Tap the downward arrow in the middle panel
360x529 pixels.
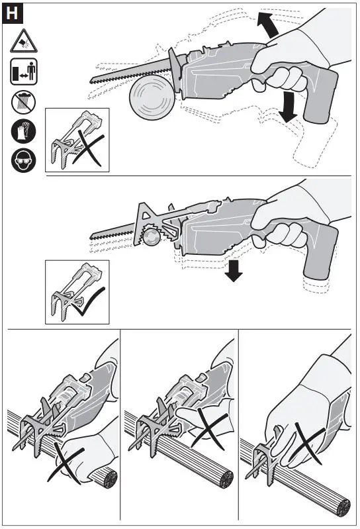(232, 271)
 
